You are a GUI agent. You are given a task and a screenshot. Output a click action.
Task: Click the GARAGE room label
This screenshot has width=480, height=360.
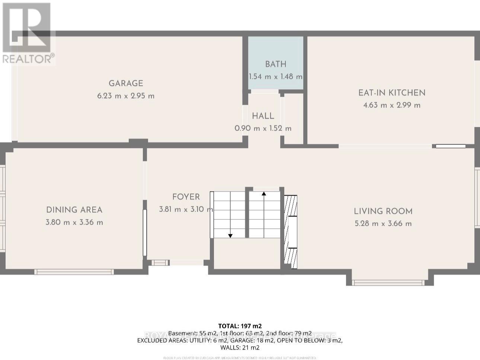click(126, 83)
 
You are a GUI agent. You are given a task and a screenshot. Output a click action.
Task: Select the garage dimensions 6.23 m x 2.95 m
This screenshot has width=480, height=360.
click(126, 96)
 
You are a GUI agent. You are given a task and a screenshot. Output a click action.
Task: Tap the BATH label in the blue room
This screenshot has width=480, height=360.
click(275, 64)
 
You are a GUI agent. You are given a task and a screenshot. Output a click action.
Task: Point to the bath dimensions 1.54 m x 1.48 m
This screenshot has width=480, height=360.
click(275, 77)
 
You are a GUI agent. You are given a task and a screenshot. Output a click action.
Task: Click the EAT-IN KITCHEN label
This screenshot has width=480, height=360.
click(392, 93)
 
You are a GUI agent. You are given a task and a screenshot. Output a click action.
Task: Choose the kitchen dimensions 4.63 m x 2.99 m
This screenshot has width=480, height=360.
click(392, 105)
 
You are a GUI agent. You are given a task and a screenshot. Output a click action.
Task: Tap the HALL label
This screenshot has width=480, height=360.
click(263, 116)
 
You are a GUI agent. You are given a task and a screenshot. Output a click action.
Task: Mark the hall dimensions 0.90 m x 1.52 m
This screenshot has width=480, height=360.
click(263, 128)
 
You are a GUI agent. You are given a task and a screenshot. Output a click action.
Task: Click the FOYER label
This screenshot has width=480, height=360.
click(186, 197)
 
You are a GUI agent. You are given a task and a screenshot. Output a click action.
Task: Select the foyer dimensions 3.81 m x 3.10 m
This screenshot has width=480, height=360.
click(186, 209)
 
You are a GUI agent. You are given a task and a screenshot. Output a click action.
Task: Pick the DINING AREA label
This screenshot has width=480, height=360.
click(74, 210)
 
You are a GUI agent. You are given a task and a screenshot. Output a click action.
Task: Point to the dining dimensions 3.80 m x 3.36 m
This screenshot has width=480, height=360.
click(74, 222)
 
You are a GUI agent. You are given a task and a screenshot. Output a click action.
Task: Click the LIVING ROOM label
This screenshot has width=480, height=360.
click(383, 211)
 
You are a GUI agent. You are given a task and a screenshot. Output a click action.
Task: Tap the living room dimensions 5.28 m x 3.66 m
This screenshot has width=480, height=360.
click(383, 224)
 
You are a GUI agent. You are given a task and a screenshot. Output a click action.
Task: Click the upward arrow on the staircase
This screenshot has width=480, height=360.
click(264, 194)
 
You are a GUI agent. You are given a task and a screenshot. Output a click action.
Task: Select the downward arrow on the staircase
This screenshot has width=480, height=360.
click(230, 235)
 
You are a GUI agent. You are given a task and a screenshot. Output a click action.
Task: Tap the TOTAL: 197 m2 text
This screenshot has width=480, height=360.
click(240, 326)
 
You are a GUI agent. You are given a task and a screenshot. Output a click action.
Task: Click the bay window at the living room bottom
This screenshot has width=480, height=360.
click(388, 283)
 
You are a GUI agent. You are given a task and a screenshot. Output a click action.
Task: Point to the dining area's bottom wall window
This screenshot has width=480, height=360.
click(74, 272)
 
